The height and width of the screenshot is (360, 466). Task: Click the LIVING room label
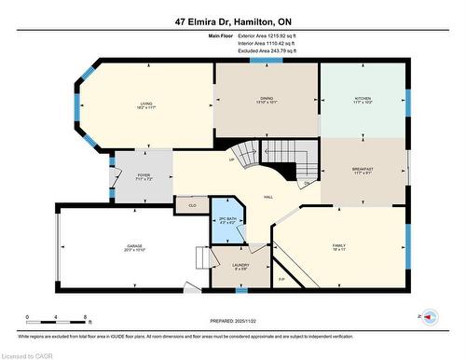pos(146,104)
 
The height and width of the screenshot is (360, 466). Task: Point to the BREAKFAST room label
pos(363,169)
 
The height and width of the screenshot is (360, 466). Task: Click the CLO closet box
pos(192,204)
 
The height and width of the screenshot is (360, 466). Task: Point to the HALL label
pos(268,198)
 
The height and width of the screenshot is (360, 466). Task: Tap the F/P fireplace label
pos(282,277)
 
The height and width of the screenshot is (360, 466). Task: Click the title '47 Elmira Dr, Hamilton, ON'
pos(233,20)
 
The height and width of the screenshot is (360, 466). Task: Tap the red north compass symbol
pos(430,317)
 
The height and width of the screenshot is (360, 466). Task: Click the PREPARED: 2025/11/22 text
pos(233,321)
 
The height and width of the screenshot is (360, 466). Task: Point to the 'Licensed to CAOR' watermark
pos(30,353)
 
